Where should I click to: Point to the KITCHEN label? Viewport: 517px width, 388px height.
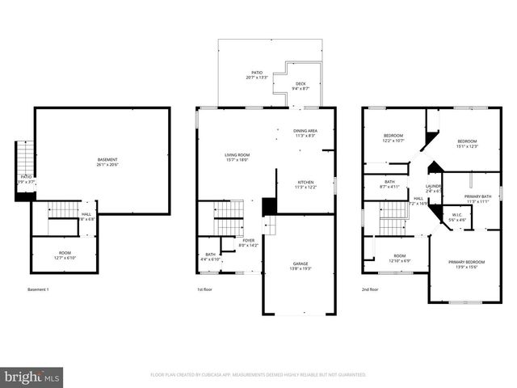(x=305, y=184)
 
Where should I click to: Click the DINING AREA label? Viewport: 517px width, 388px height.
(x=305, y=133)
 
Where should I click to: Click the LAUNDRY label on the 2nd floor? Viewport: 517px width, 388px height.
(x=434, y=189)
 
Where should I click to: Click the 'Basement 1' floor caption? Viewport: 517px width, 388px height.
(x=38, y=289)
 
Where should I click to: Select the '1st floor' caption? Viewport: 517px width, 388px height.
(x=204, y=289)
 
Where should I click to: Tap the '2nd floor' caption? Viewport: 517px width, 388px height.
(x=370, y=289)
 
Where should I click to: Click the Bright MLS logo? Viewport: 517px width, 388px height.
(x=32, y=376)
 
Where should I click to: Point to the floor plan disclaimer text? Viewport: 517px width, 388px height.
(x=258, y=375)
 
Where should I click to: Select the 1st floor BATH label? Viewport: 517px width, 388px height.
(x=210, y=256)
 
